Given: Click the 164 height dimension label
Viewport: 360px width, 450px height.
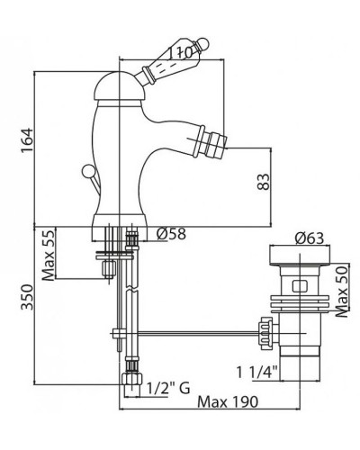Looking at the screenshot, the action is tap(27, 140).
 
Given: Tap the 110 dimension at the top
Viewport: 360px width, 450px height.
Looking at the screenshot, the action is tap(179, 53).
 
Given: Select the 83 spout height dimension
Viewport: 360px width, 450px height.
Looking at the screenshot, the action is tap(264, 182).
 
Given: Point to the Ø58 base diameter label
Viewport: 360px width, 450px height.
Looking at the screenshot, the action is tap(171, 234).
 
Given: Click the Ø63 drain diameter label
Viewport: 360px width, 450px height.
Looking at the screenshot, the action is tap(310, 238).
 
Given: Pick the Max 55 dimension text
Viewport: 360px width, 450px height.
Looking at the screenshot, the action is tap(49, 255).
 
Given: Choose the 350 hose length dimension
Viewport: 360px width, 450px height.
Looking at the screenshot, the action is tap(27, 297).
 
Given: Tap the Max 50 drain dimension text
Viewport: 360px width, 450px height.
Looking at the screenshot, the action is tap(342, 292).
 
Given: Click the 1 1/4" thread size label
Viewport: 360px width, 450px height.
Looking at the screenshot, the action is tap(258, 373).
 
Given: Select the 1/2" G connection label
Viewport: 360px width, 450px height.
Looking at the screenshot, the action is tap(168, 389).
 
